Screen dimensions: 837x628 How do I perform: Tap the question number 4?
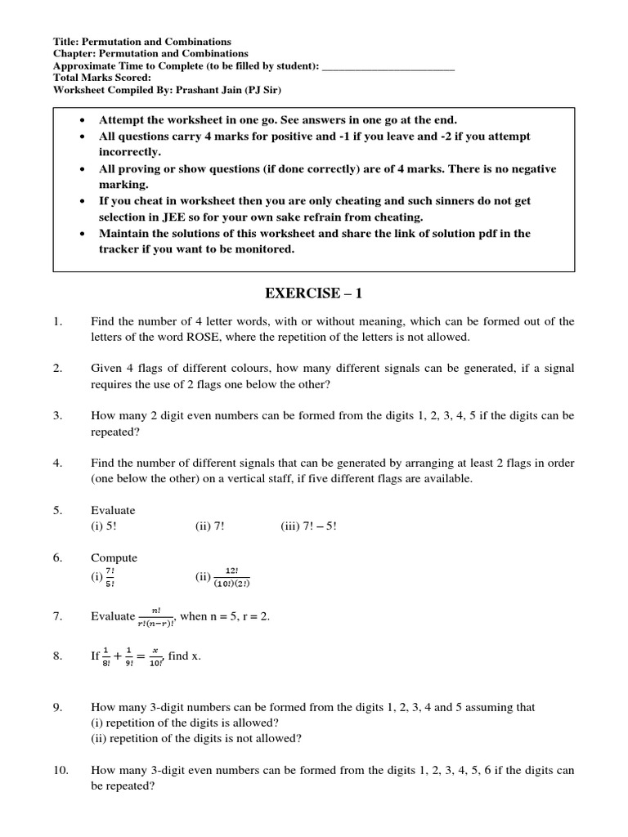(58, 463)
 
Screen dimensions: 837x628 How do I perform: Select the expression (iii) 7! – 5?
(308, 526)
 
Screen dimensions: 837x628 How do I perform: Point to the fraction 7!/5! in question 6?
(110, 577)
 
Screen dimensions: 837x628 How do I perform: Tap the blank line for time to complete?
(388, 66)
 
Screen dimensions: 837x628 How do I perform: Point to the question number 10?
(60, 770)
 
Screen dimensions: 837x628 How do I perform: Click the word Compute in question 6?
(114, 557)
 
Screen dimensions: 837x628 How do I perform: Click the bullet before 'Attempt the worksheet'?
(83, 120)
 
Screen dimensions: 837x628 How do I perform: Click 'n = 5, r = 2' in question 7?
(240, 616)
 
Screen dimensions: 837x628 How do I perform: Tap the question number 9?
(58, 707)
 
